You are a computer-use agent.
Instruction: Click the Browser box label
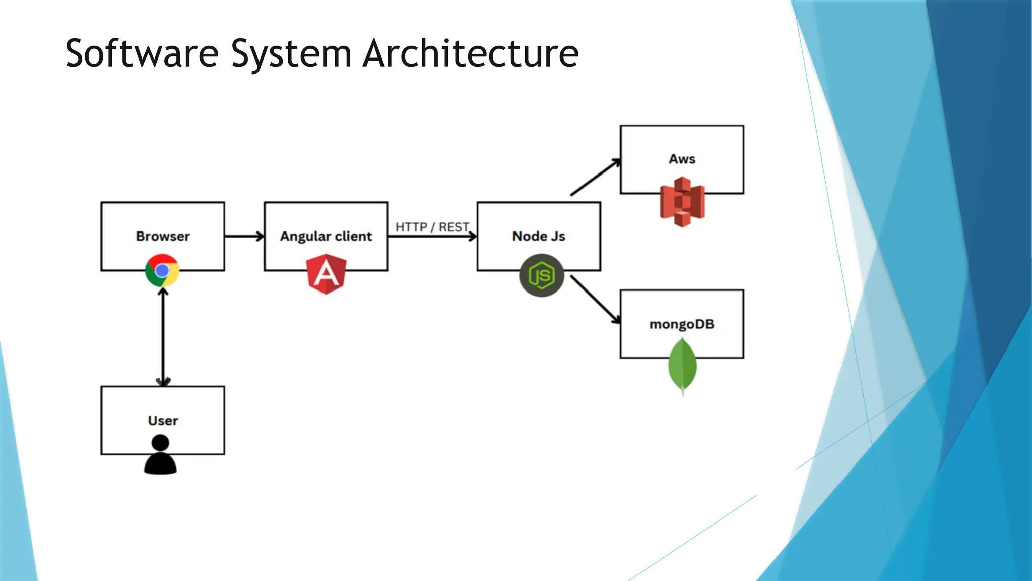click(163, 236)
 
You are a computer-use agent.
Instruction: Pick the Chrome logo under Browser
click(162, 271)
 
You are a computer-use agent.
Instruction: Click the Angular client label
click(326, 236)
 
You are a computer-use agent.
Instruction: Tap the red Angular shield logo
click(327, 274)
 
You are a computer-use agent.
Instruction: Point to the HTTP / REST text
click(432, 227)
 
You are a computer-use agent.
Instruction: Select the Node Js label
click(539, 236)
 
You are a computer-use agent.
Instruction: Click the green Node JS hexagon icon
click(541, 275)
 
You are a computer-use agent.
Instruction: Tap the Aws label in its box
click(682, 159)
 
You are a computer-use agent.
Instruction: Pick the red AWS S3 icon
click(682, 202)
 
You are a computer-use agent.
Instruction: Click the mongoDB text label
click(682, 324)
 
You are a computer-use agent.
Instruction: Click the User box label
click(163, 420)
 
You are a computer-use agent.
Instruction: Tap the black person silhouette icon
click(160, 455)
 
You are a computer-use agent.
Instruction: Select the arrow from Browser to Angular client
click(244, 236)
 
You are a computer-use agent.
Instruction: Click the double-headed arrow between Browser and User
click(163, 335)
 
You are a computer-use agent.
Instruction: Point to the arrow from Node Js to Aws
click(595, 177)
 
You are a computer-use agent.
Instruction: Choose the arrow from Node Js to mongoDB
click(595, 299)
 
